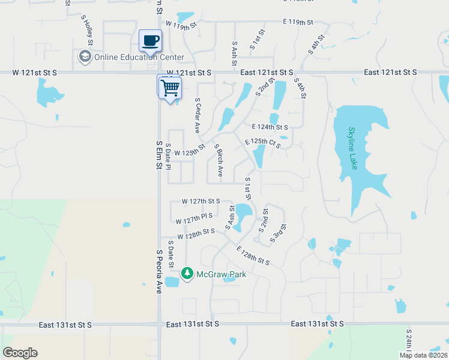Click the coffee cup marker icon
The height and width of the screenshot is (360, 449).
tap(150, 41)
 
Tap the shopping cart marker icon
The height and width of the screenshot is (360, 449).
tap(170, 88)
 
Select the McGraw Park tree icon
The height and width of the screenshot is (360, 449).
tap(187, 274)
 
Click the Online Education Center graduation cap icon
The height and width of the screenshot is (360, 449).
tap(85, 57)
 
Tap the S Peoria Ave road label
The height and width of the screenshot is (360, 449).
tap(160, 272)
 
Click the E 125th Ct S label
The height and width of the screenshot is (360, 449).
tap(262, 143)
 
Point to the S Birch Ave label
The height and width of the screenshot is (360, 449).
tap(219, 160)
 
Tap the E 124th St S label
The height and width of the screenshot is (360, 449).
tap(270, 127)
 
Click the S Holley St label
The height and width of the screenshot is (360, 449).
tap(88, 32)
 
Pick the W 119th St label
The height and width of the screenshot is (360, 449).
tap(182, 27)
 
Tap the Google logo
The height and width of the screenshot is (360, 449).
tap(20, 353)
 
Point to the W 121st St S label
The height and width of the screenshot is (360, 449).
tap(35, 72)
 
